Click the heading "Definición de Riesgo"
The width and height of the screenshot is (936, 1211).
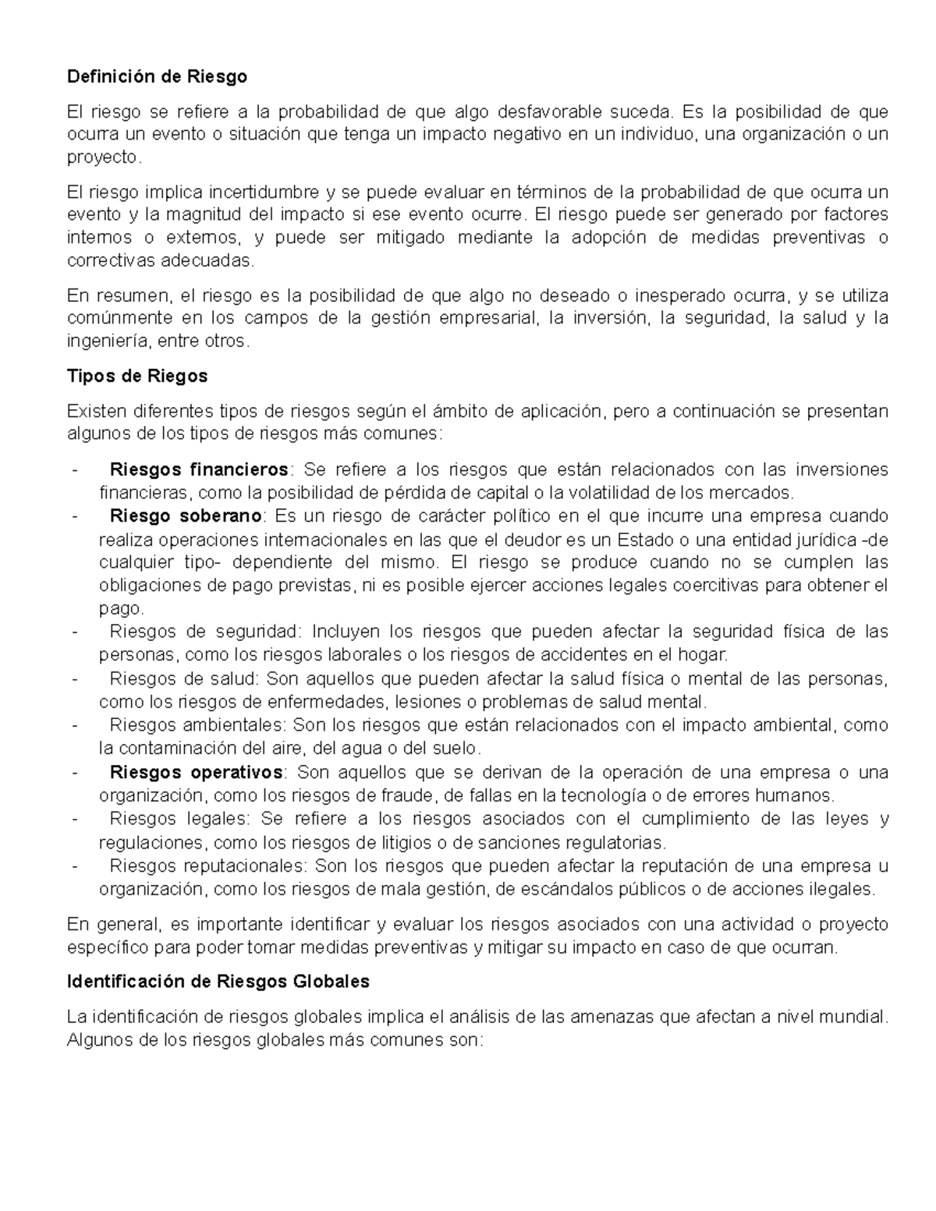pyautogui.click(x=157, y=76)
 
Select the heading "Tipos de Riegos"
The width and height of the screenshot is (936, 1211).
pyautogui.click(x=137, y=376)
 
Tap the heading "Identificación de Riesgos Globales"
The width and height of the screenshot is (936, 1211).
pyautogui.click(x=218, y=982)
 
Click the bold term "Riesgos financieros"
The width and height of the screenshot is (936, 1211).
pyautogui.click(x=199, y=469)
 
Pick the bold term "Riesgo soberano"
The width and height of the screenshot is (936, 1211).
pyautogui.click(x=186, y=516)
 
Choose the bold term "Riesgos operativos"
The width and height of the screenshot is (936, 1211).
pyautogui.click(x=197, y=772)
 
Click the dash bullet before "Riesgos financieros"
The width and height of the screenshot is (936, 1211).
pyautogui.click(x=74, y=470)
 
